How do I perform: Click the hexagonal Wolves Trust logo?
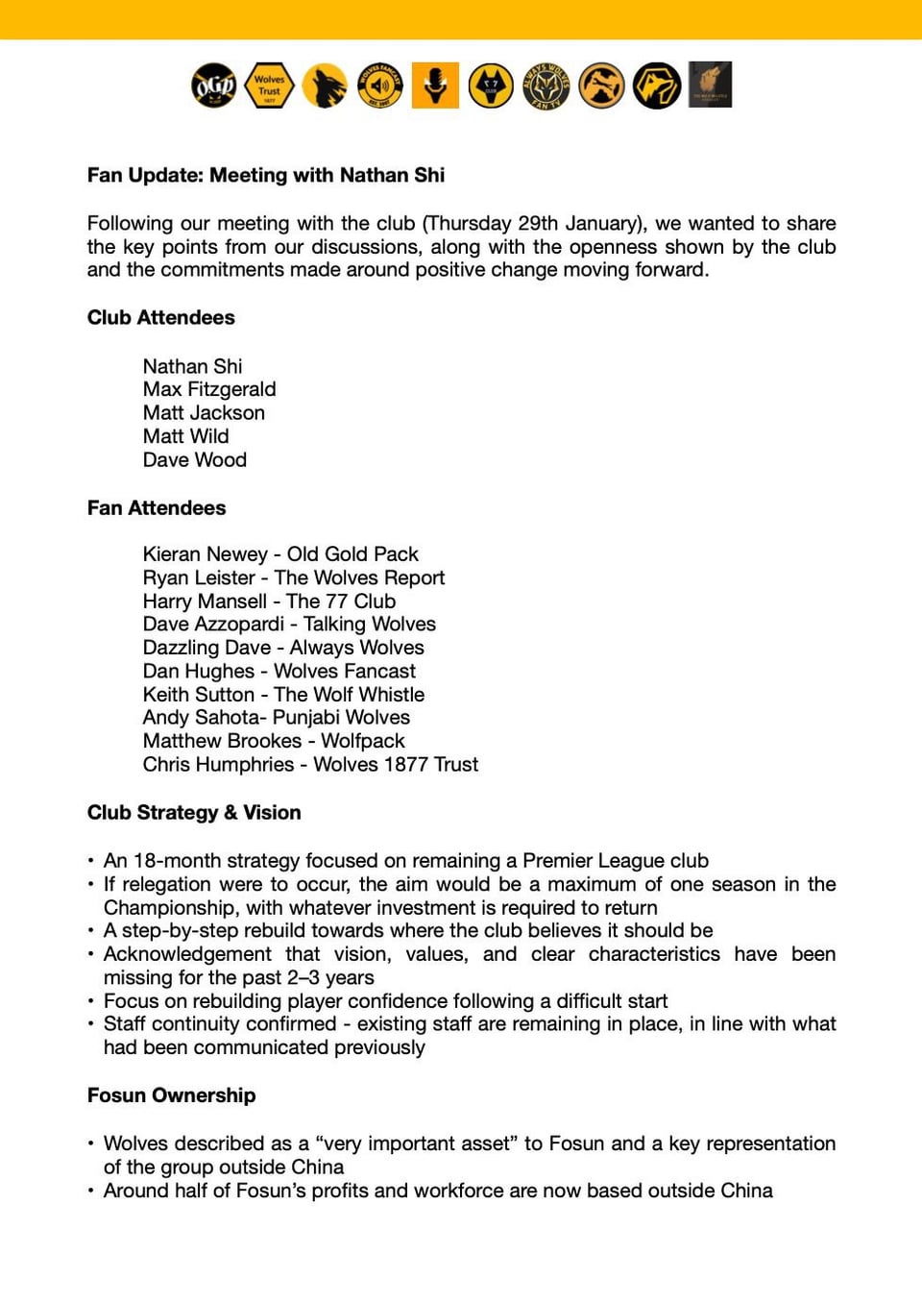pos(270,86)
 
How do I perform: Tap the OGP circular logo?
pos(213,86)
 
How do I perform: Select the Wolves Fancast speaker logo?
pos(380,86)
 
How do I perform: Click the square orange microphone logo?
pos(435,86)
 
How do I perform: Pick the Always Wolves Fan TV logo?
pos(546,86)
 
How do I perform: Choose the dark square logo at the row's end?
pos(711,85)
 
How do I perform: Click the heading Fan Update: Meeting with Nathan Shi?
pos(266,175)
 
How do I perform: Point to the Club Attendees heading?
pos(160,317)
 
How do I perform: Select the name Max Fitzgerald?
pos(209,389)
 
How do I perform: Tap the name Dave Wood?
pos(195,459)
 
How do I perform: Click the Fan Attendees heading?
pos(157,507)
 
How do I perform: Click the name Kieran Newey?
pos(206,554)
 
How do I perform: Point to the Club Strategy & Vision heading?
pos(194,812)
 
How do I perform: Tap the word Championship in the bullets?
pos(170,908)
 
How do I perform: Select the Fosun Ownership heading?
pos(171,1095)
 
